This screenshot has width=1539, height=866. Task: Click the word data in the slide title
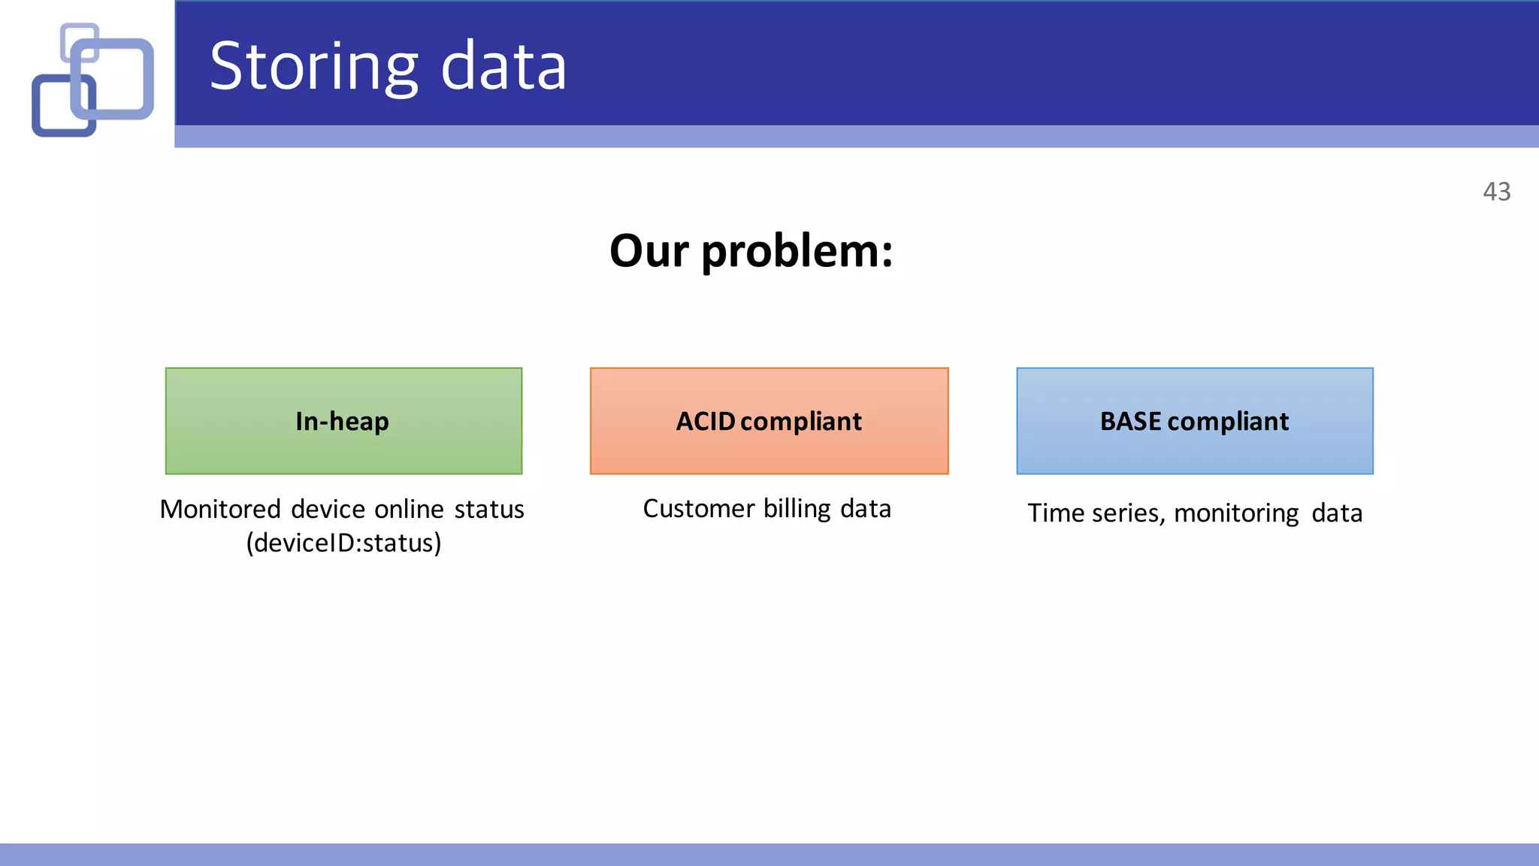(x=503, y=68)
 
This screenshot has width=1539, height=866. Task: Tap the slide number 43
(x=1496, y=192)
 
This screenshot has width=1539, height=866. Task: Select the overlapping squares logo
(x=92, y=80)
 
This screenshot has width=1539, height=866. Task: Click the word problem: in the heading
(x=797, y=251)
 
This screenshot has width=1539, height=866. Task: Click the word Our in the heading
(x=649, y=251)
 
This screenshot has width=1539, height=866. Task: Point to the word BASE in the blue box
(x=1130, y=421)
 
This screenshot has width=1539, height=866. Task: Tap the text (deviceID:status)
(x=343, y=543)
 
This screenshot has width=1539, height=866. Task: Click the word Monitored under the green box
(x=220, y=509)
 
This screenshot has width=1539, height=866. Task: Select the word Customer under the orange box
(x=698, y=509)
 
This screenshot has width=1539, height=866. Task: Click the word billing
(x=797, y=509)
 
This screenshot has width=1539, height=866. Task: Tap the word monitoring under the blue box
(x=1236, y=513)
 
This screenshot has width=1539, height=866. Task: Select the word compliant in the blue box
(x=1228, y=422)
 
